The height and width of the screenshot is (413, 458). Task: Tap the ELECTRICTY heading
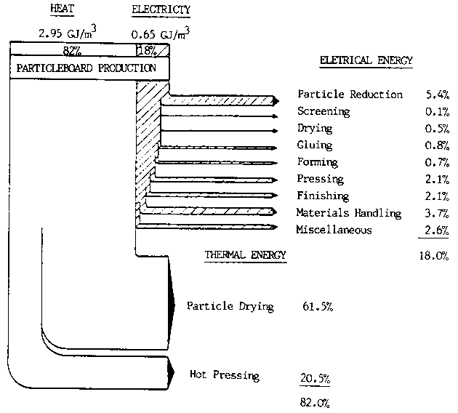click(161, 10)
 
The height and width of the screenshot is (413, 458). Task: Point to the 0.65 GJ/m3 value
click(161, 33)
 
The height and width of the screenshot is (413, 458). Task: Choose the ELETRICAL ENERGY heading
click(366, 61)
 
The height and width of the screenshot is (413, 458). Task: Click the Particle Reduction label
click(350, 95)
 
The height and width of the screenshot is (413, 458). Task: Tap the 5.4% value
click(437, 95)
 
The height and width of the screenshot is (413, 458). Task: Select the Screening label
click(324, 112)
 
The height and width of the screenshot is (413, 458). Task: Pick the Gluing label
click(315, 145)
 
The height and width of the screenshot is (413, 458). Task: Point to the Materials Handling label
click(349, 213)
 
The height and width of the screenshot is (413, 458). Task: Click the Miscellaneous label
click(334, 230)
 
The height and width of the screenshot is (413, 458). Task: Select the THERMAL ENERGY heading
click(246, 255)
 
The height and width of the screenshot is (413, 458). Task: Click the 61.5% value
click(317, 307)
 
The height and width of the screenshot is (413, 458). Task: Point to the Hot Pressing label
click(224, 376)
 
